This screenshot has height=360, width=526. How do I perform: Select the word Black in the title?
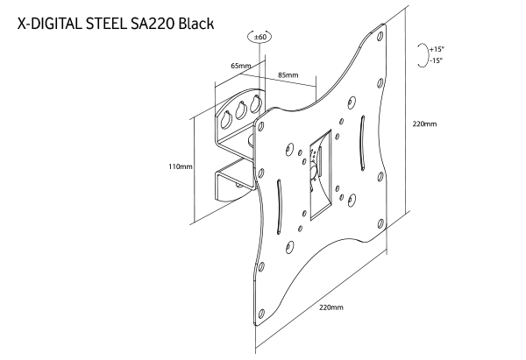pos(196,24)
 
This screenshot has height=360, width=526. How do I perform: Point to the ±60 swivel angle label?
pos(260,37)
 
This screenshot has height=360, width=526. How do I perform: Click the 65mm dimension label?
pos(241,66)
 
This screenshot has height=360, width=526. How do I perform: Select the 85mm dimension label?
pos(288,74)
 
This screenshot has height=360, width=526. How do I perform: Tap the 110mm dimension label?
pos(181,166)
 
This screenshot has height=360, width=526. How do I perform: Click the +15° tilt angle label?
pos(437,49)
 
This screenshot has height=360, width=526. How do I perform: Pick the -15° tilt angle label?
pos(436,60)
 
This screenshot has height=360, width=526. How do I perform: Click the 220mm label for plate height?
pos(424,124)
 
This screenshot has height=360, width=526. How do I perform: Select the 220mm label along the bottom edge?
pos(331,307)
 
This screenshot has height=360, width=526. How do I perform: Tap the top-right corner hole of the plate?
pos(380,36)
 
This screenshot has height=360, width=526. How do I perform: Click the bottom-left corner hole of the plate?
pos(261,314)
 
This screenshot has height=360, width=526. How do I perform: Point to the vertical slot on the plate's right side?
pos(363,143)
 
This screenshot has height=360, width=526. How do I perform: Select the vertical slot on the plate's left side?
pos(279,207)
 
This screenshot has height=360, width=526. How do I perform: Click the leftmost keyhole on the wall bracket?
pos(225,119)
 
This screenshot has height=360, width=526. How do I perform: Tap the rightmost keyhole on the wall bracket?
pos(256,103)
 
